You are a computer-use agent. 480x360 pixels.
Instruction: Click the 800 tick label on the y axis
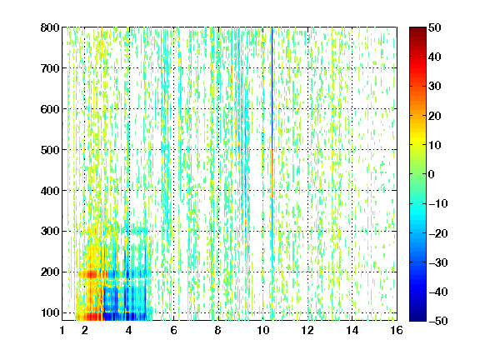[x=50, y=27]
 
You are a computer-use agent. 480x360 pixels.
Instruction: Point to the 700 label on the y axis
[x=50, y=68]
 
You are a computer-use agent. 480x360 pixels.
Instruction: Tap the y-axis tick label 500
[x=50, y=150]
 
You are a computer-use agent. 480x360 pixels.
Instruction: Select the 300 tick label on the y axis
[x=50, y=232]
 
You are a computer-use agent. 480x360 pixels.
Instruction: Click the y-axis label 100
[x=50, y=312]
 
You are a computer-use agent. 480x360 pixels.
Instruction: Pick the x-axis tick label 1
[x=62, y=330]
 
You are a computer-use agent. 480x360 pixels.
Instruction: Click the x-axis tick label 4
[x=129, y=330]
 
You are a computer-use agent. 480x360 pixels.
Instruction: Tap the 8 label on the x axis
[x=218, y=330]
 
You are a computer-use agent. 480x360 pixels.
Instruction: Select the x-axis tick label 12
[x=307, y=330]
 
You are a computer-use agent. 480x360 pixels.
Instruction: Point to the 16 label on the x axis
[x=397, y=330]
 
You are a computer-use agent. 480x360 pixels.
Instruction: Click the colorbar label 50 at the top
[x=434, y=27]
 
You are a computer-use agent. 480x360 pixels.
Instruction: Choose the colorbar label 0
[x=432, y=174]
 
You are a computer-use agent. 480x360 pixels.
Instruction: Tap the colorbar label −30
[x=438, y=262]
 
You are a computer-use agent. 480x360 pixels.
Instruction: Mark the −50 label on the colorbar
[x=438, y=321]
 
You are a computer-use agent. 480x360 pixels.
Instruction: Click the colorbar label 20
[x=434, y=116]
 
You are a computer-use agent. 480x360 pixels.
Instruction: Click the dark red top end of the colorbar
[x=417, y=30]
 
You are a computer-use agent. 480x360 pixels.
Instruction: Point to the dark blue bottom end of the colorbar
[x=417, y=318]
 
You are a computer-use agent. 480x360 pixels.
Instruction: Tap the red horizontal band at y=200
[x=92, y=273]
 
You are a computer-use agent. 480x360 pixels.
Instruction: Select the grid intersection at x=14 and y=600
[x=352, y=109]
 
